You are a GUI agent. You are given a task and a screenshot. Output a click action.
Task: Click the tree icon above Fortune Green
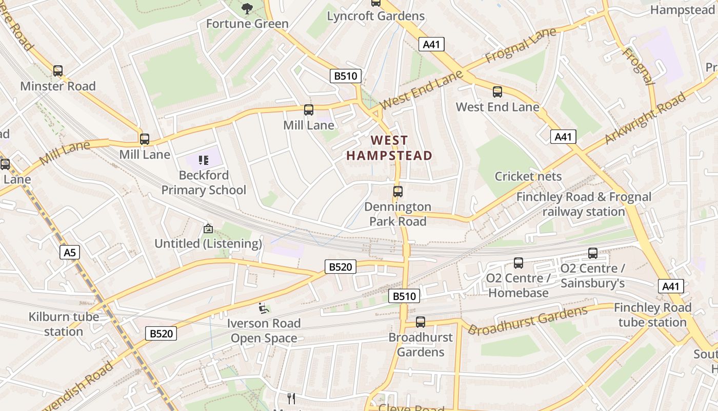tap(247, 8)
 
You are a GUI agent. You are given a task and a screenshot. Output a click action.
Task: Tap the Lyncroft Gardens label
tap(376, 16)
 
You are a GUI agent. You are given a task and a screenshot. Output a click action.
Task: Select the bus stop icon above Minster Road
tap(58, 71)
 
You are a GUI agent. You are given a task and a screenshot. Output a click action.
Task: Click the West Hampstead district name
tap(389, 148)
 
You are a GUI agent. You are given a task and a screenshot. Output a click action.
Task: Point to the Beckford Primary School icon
tap(204, 160)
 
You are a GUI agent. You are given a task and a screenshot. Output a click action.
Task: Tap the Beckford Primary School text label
tap(204, 183)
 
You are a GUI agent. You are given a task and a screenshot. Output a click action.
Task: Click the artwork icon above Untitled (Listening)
tap(208, 228)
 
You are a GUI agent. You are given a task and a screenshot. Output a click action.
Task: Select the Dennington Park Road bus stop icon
tap(398, 192)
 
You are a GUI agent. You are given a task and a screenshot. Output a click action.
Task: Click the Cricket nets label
tap(528, 176)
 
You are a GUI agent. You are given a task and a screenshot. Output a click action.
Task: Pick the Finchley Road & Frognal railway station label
tap(584, 204)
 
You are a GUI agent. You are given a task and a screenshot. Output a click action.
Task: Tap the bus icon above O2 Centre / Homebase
tap(518, 263)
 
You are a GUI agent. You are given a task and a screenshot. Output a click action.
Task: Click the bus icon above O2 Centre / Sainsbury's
tap(593, 253)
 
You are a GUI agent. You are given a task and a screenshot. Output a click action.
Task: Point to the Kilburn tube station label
tap(64, 324)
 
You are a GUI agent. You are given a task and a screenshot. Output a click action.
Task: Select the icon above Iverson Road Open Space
tap(264, 308)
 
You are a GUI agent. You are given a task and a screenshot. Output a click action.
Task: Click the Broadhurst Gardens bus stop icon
tap(421, 322)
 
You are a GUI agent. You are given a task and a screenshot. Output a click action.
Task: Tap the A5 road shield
tap(70, 252)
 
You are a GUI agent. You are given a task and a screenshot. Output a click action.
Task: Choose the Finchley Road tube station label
tap(652, 315)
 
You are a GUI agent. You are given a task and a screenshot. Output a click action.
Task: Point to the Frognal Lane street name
tap(520, 46)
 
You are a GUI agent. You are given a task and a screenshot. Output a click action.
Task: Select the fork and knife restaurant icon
tap(291, 398)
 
